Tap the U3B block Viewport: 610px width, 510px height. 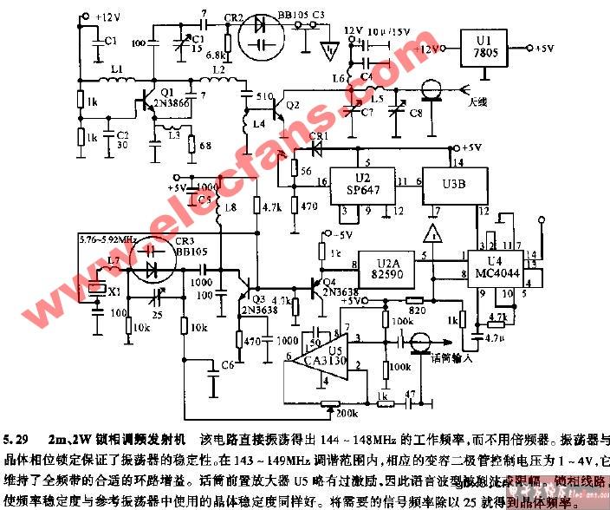(451, 185)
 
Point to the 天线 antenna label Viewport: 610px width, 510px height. (477, 102)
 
